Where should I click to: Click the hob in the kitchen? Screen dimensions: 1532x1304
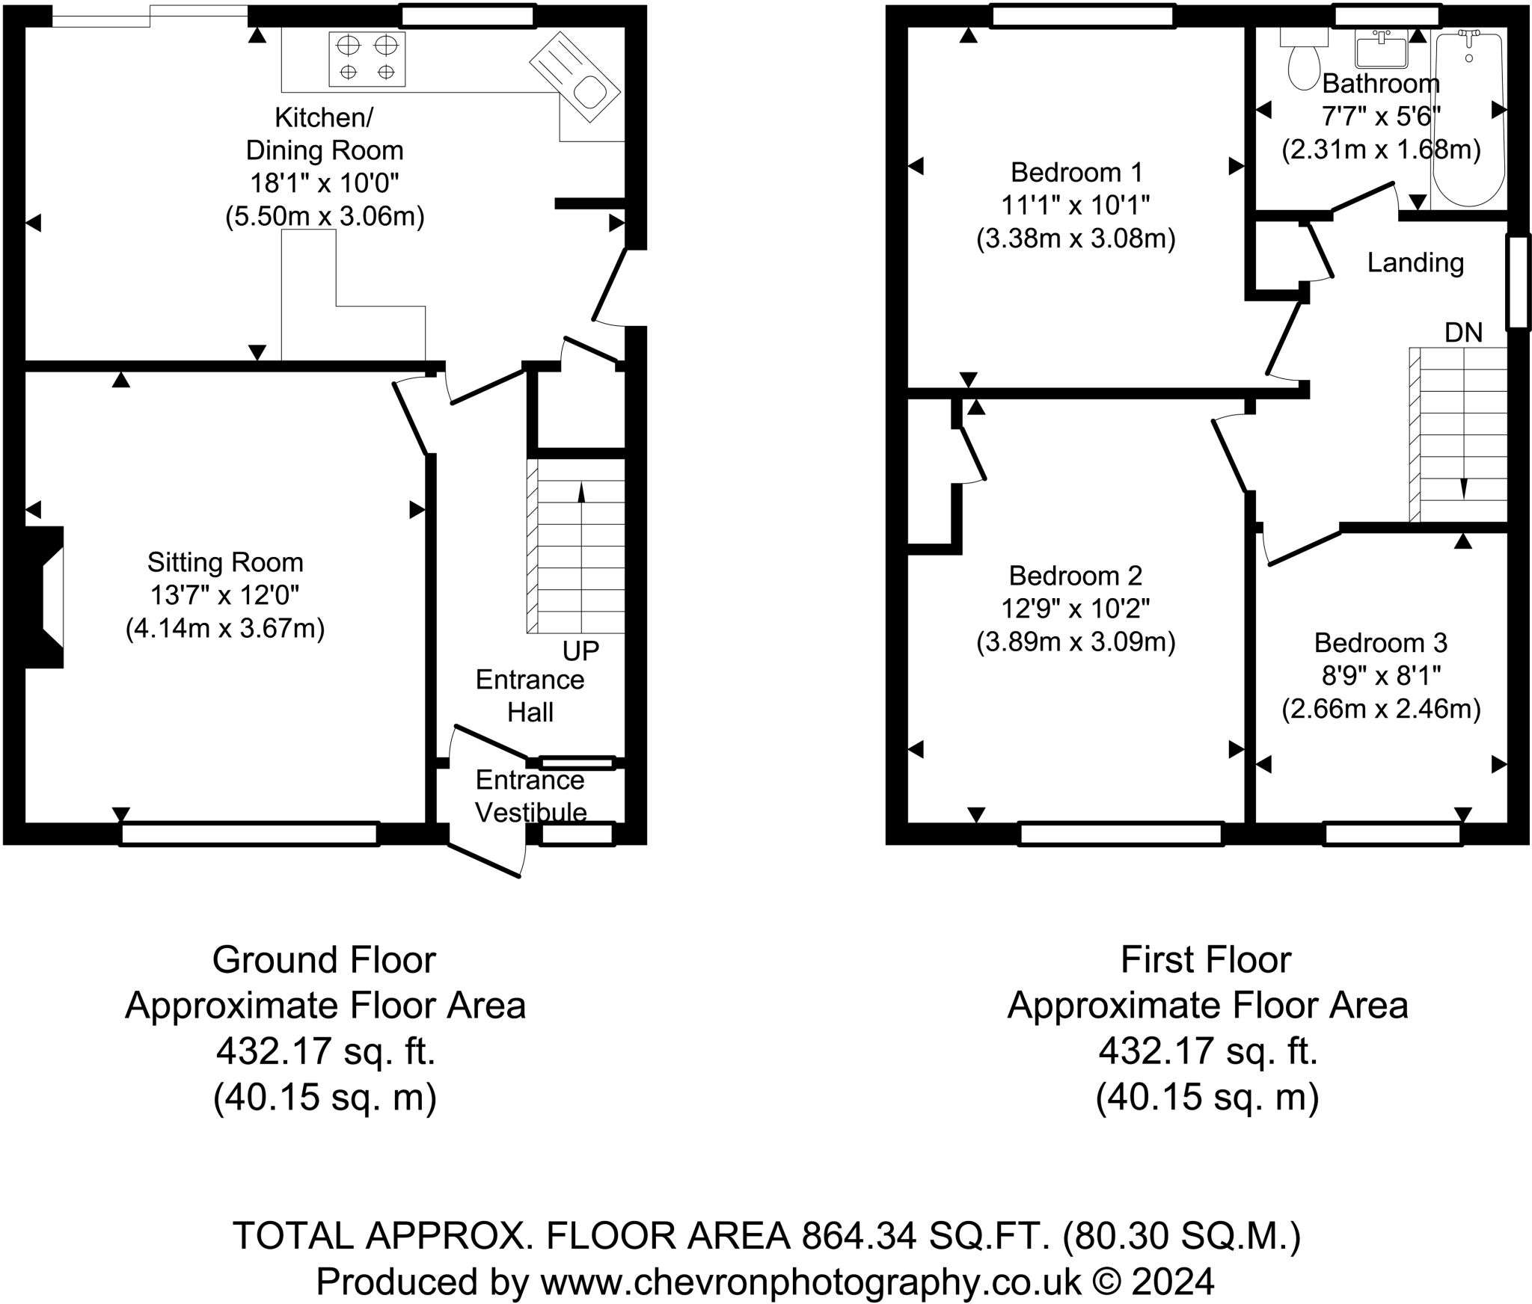(367, 58)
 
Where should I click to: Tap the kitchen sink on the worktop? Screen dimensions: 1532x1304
(574, 78)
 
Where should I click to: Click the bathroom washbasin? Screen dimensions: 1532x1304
(1382, 49)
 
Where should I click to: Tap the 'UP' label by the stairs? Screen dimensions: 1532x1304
(581, 651)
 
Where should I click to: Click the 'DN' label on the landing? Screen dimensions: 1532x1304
(1463, 333)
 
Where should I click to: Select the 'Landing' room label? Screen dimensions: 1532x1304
(1415, 262)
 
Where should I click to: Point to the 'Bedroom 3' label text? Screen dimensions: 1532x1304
(1381, 642)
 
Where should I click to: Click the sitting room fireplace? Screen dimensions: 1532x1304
(44, 597)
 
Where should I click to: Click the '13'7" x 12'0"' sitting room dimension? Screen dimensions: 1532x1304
(224, 596)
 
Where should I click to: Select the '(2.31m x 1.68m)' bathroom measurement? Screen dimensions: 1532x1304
(1381, 150)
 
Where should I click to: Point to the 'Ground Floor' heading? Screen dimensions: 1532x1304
(324, 960)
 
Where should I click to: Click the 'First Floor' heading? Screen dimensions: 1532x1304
(1206, 960)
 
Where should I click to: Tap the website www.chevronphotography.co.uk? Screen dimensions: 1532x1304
(811, 1282)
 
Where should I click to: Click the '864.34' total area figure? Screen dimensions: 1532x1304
(860, 1235)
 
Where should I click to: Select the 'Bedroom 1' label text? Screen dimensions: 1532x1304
(1076, 173)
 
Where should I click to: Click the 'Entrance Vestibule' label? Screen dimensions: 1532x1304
(530, 796)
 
